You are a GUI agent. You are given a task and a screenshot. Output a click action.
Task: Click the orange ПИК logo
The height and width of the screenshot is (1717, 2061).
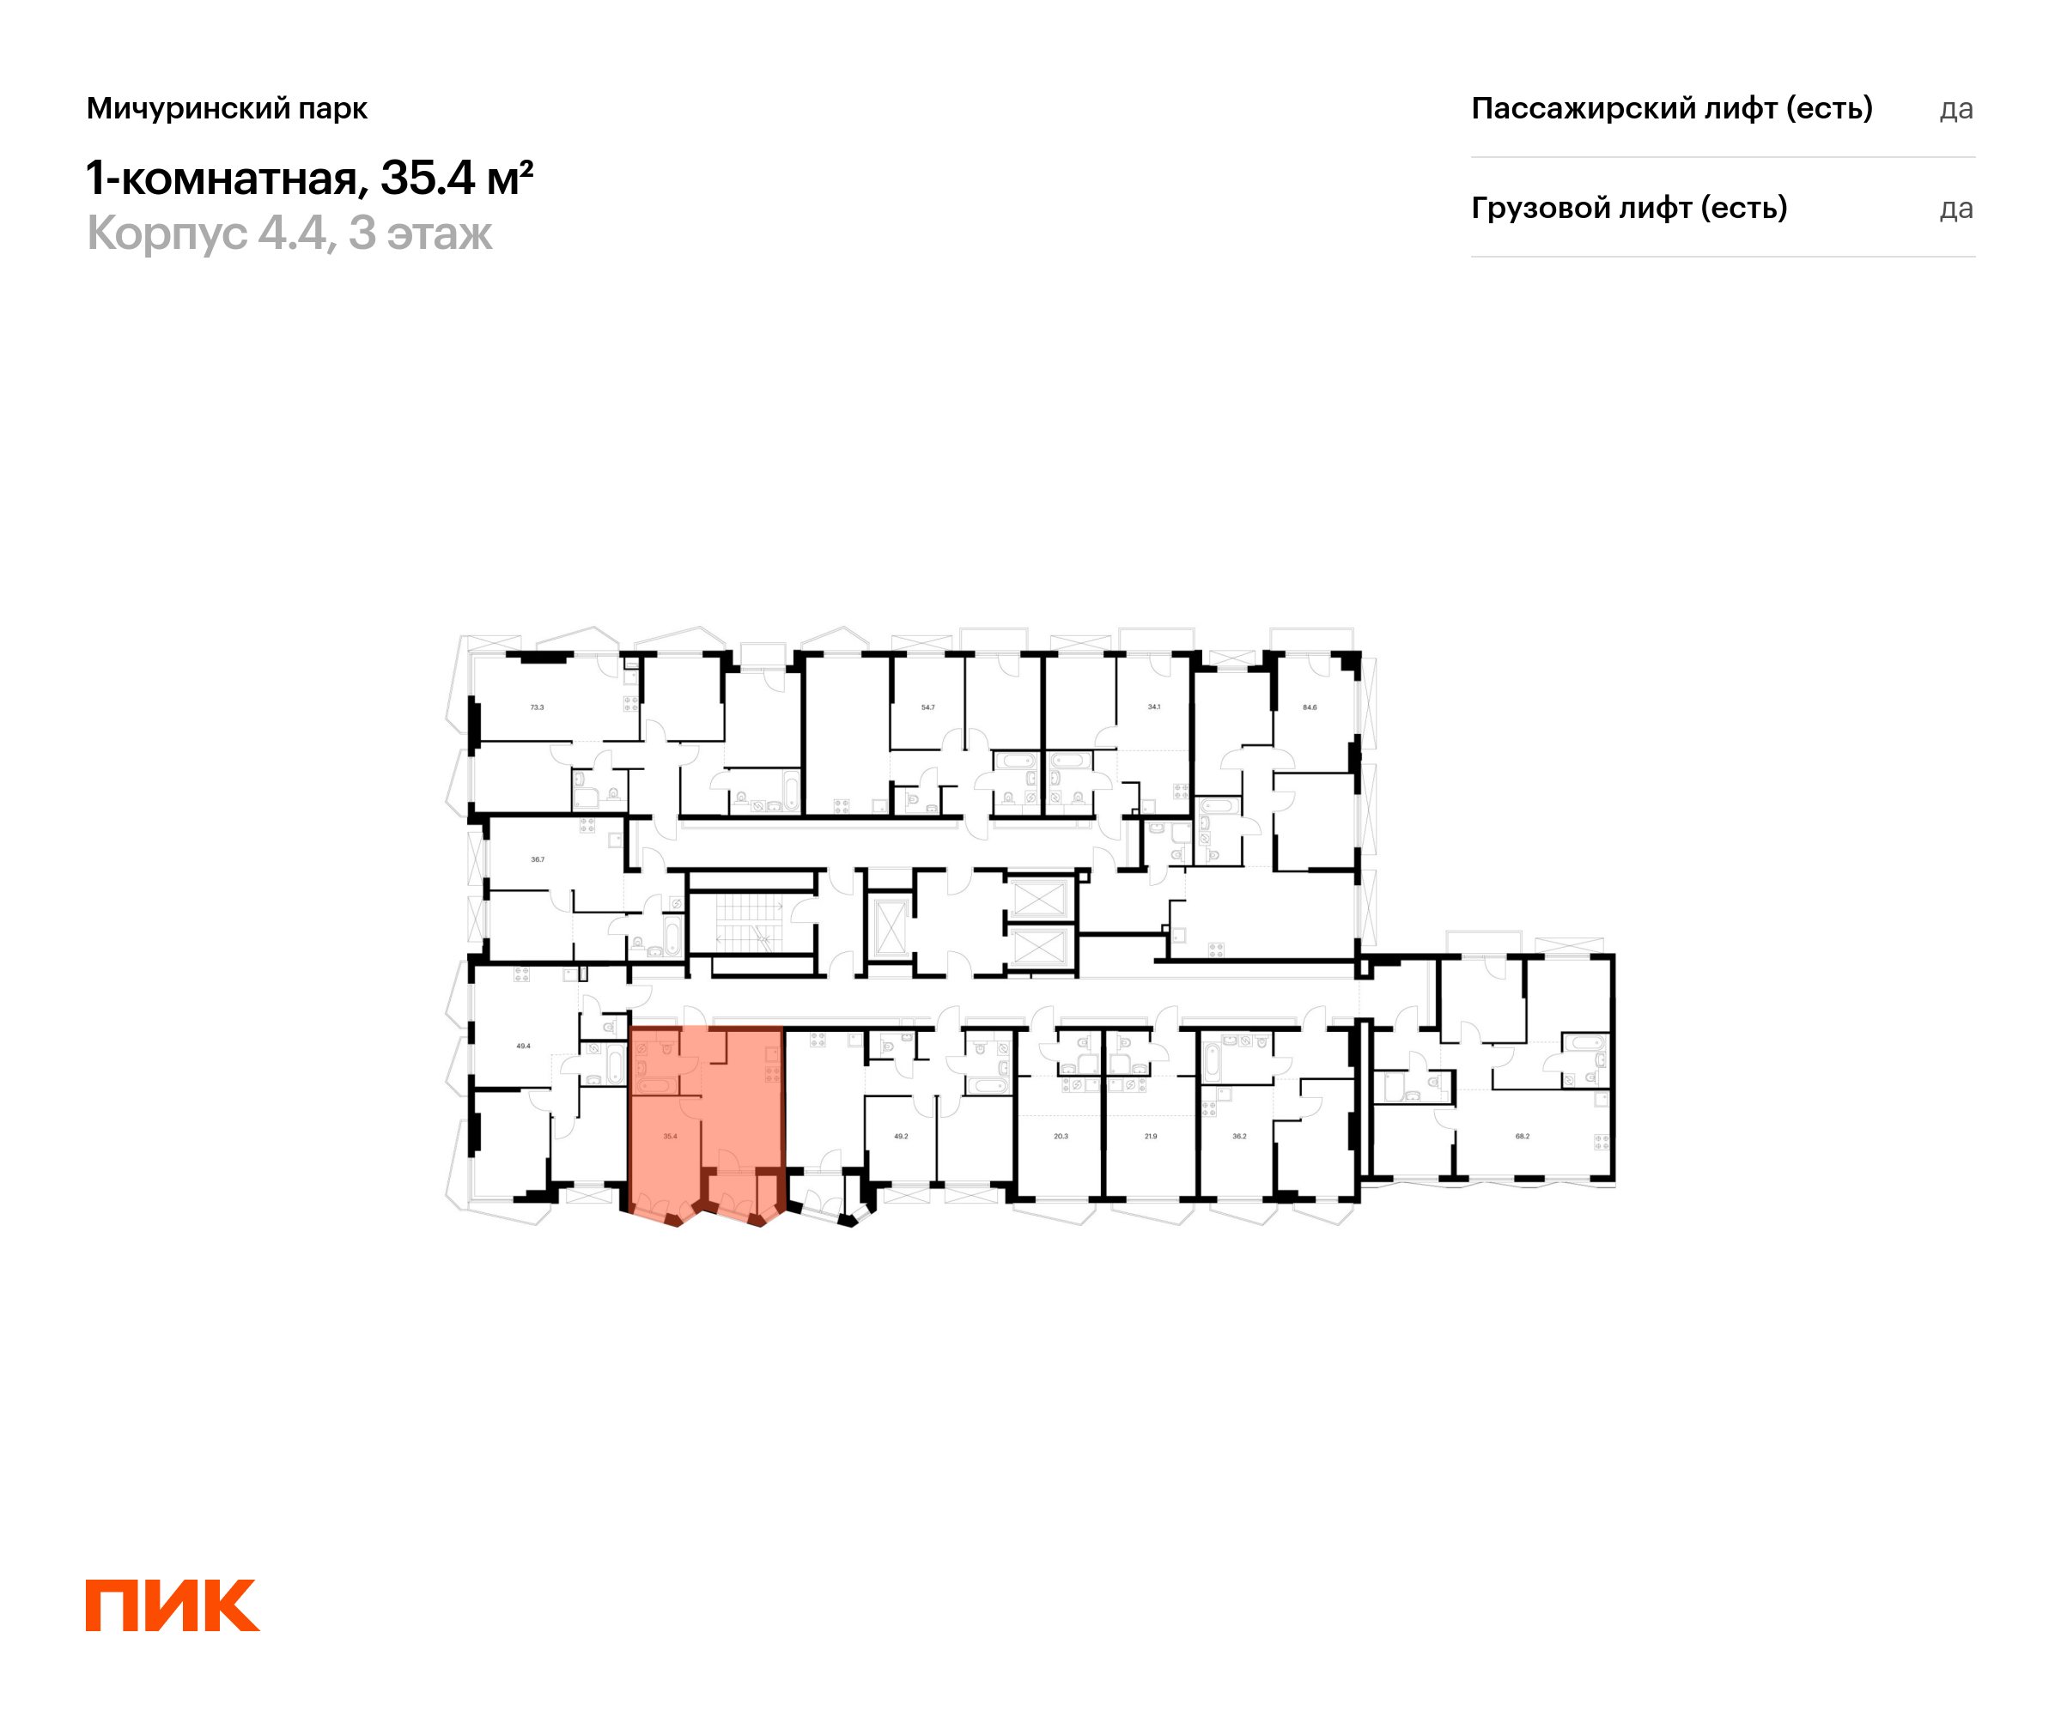tap(172, 1605)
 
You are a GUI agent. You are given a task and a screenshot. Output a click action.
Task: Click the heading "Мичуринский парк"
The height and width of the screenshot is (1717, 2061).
tap(227, 108)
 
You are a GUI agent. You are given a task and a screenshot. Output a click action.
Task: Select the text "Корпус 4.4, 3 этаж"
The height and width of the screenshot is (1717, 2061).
tap(289, 234)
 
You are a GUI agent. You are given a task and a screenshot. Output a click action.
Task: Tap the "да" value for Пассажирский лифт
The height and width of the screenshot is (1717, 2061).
tap(1955, 109)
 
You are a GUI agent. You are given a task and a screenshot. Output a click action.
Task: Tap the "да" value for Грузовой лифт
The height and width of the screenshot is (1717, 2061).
tap(1955, 209)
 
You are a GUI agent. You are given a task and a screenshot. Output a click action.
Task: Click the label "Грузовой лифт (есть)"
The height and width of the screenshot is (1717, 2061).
tap(1628, 208)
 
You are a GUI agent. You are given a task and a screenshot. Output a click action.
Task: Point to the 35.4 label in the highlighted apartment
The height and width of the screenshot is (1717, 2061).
tap(669, 1136)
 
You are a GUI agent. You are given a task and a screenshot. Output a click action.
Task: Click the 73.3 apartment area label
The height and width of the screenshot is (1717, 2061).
tap(537, 707)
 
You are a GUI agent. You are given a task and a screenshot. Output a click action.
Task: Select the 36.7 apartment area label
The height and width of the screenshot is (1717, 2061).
tap(537, 859)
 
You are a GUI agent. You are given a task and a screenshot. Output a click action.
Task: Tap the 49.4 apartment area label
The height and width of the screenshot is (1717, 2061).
tap(523, 1046)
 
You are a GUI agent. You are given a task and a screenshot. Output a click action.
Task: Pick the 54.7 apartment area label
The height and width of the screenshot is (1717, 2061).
tap(927, 707)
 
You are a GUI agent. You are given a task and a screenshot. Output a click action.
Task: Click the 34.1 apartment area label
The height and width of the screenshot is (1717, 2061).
tap(1154, 707)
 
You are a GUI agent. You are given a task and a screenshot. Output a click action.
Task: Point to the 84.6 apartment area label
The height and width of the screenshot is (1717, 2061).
tap(1310, 707)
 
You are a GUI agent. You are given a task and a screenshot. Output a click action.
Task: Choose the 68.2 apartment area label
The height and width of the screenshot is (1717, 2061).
tap(1523, 1136)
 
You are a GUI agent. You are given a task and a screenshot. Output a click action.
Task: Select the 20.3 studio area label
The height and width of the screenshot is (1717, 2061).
tap(1061, 1136)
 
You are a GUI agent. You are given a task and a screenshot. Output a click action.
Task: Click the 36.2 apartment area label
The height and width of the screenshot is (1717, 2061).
tap(1239, 1136)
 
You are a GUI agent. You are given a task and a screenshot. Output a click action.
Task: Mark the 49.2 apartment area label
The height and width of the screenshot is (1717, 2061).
tap(901, 1136)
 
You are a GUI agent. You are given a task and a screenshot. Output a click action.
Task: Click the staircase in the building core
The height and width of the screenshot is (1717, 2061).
tap(751, 923)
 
